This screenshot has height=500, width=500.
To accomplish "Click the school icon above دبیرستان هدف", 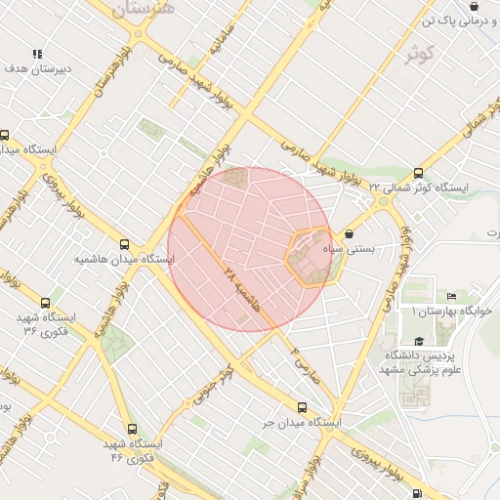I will click(x=37, y=54).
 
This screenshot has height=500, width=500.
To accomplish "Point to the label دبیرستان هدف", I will click(x=33, y=69).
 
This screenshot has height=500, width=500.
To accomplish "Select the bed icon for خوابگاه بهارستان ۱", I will click(x=450, y=296).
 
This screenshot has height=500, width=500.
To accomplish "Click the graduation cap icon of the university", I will click(x=419, y=341).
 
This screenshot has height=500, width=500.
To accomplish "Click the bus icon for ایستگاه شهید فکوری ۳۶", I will click(x=47, y=303).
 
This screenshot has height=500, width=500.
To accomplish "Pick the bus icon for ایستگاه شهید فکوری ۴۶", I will click(x=133, y=428).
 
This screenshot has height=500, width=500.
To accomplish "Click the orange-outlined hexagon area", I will click(x=312, y=257).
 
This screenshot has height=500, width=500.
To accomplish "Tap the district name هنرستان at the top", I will click(x=143, y=9).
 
